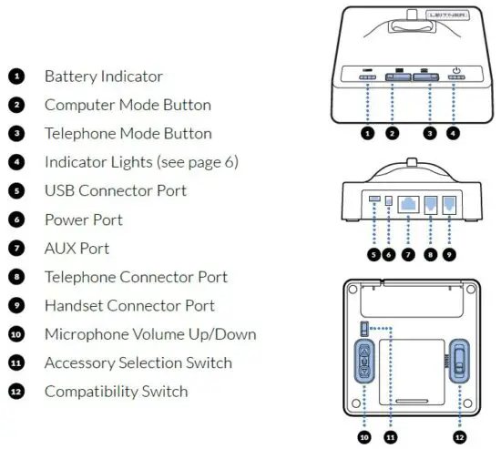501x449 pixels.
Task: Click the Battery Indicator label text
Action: pos(103,77)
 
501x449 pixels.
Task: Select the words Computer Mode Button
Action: pos(128,105)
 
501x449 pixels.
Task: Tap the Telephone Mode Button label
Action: pos(128,134)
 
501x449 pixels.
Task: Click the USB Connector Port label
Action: pos(115,191)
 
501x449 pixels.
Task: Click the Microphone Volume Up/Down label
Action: pos(150,334)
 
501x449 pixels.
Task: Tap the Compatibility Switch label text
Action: pos(116,392)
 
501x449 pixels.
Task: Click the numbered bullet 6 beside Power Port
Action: pos(16,219)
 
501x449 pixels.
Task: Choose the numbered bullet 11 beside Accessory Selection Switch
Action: pos(16,362)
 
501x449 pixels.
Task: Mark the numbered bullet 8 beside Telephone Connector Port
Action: pos(16,277)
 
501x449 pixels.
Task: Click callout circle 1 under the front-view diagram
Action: pos(367,133)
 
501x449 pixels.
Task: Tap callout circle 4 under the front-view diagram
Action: pos(454,133)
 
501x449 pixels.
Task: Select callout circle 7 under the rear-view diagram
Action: pos(410,255)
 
